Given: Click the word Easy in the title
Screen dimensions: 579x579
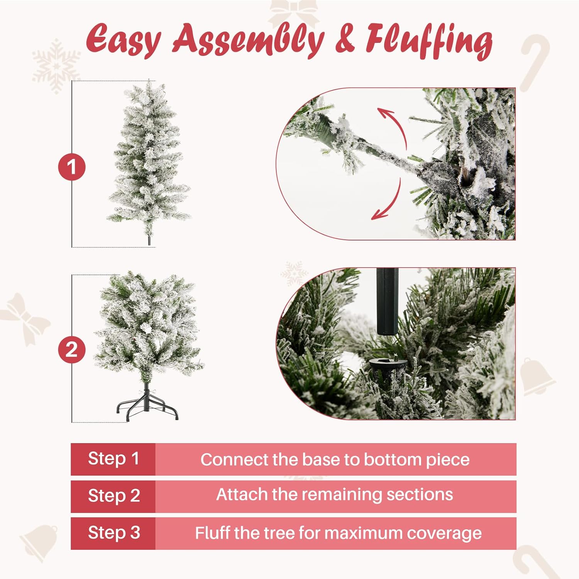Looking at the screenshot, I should point(123,40).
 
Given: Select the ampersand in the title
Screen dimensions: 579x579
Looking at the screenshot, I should point(345,40).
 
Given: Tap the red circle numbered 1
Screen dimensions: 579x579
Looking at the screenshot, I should point(72,167).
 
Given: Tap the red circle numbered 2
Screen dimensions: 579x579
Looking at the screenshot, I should point(72,350).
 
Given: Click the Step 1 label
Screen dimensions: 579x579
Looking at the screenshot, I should point(113,459).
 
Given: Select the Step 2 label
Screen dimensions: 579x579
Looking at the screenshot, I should point(113,496).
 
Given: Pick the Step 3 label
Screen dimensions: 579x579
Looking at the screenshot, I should point(113,533).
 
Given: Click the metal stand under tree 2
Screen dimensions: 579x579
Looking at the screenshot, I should point(147,405).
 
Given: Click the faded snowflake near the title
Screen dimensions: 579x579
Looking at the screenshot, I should point(56,66).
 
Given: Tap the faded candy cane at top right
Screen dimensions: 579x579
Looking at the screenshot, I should point(535,62).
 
